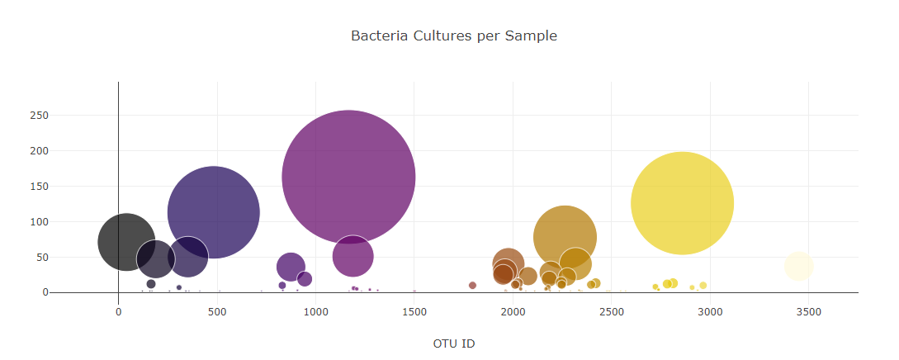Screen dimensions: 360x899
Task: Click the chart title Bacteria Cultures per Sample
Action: click(x=453, y=36)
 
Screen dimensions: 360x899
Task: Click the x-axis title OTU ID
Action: click(x=453, y=343)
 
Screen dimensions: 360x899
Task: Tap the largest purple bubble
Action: click(x=348, y=176)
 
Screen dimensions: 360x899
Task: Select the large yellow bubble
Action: click(x=682, y=203)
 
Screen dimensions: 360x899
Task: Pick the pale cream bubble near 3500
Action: click(x=798, y=266)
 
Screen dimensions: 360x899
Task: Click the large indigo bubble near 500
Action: click(x=213, y=212)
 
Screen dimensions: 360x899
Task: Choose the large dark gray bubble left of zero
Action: click(x=125, y=242)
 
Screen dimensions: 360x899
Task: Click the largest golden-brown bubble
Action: click(x=565, y=237)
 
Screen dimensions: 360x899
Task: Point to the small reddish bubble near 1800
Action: click(x=472, y=286)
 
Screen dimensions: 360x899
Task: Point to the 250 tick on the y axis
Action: click(x=40, y=116)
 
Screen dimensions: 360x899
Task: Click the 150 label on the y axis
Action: click(x=40, y=187)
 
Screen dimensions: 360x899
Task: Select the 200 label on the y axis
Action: click(x=40, y=151)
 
